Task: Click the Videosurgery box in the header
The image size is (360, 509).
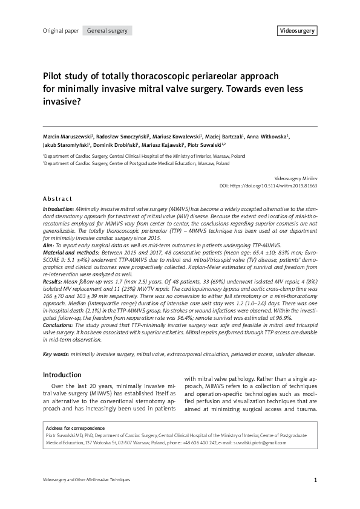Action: tap(297, 30)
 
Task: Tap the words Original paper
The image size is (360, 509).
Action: tap(61, 30)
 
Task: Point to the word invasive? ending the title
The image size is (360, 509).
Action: tap(62, 102)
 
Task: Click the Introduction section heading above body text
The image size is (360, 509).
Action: tap(62, 375)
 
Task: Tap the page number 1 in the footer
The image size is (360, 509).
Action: tap(316, 481)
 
